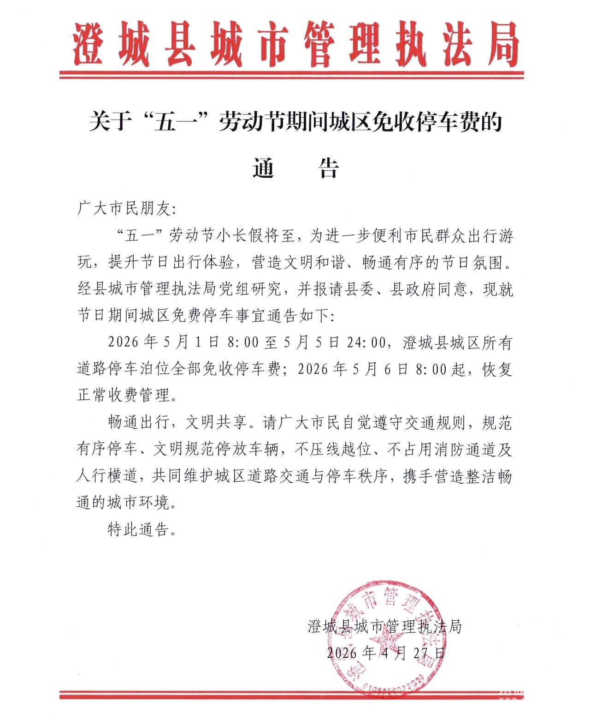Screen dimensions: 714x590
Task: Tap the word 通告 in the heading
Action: coord(296,168)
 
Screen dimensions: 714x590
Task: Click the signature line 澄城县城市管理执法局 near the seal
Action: coord(384,626)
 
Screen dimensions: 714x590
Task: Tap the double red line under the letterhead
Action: coord(291,75)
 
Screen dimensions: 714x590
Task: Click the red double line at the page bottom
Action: coord(291,695)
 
